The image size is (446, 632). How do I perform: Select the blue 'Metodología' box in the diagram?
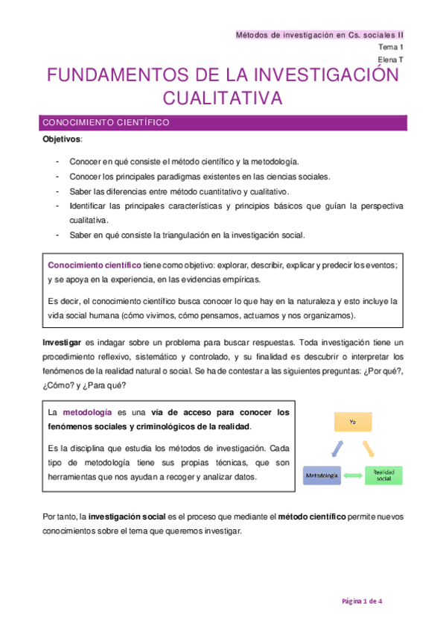point(322,475)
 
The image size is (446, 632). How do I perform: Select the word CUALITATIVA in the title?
point(223,98)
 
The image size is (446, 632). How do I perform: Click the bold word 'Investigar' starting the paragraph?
point(63,342)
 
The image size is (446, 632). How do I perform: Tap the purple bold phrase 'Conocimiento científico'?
point(94,265)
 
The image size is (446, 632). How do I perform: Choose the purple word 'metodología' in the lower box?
point(87,412)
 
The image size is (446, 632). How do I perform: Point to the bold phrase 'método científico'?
point(311,517)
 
